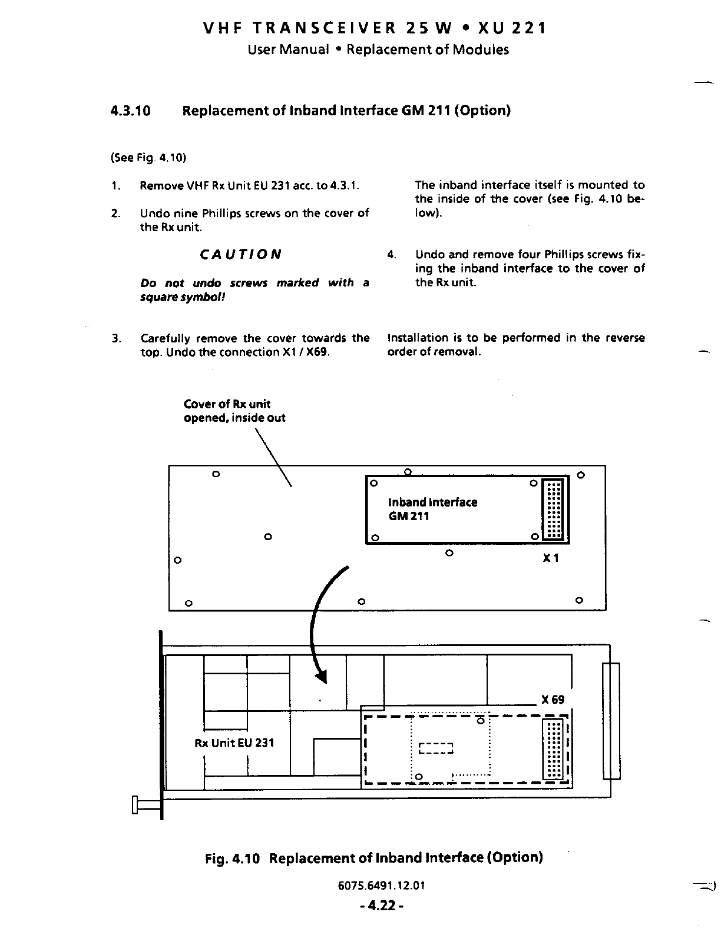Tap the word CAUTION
click(240, 255)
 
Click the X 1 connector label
click(550, 557)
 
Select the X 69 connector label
click(553, 700)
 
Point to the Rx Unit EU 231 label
click(234, 743)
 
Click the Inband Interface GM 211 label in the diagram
click(432, 509)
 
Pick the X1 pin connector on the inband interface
click(553, 510)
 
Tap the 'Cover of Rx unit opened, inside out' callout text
click(234, 411)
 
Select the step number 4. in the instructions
click(391, 255)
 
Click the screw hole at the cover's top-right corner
click(580, 474)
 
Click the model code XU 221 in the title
click(512, 28)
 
